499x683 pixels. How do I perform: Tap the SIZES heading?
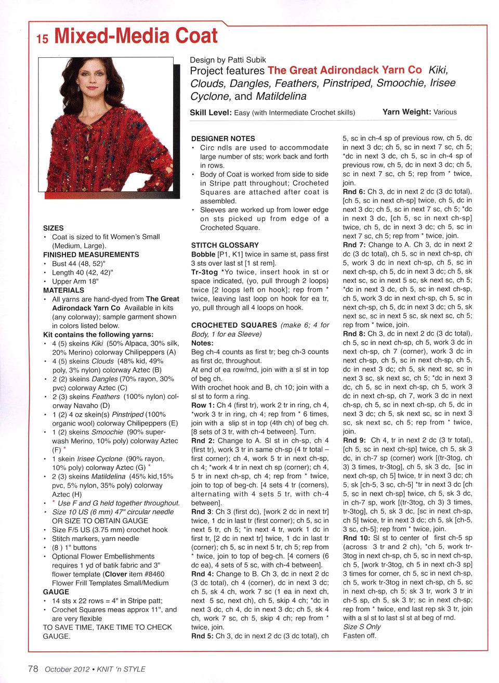pos(53,228)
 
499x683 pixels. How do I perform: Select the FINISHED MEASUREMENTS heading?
pos(91,254)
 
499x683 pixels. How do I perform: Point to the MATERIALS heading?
pos(63,290)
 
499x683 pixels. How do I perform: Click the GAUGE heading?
pos(56,592)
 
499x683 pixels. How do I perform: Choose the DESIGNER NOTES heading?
pos(223,138)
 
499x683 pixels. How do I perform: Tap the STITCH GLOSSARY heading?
pos(225,245)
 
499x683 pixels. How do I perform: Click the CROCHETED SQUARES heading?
pos(234,325)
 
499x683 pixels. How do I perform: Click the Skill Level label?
pos(211,112)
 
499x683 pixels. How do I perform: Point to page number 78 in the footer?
pos(33,669)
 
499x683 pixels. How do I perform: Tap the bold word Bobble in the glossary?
pos(203,254)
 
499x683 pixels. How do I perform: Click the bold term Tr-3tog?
pos(205,272)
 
